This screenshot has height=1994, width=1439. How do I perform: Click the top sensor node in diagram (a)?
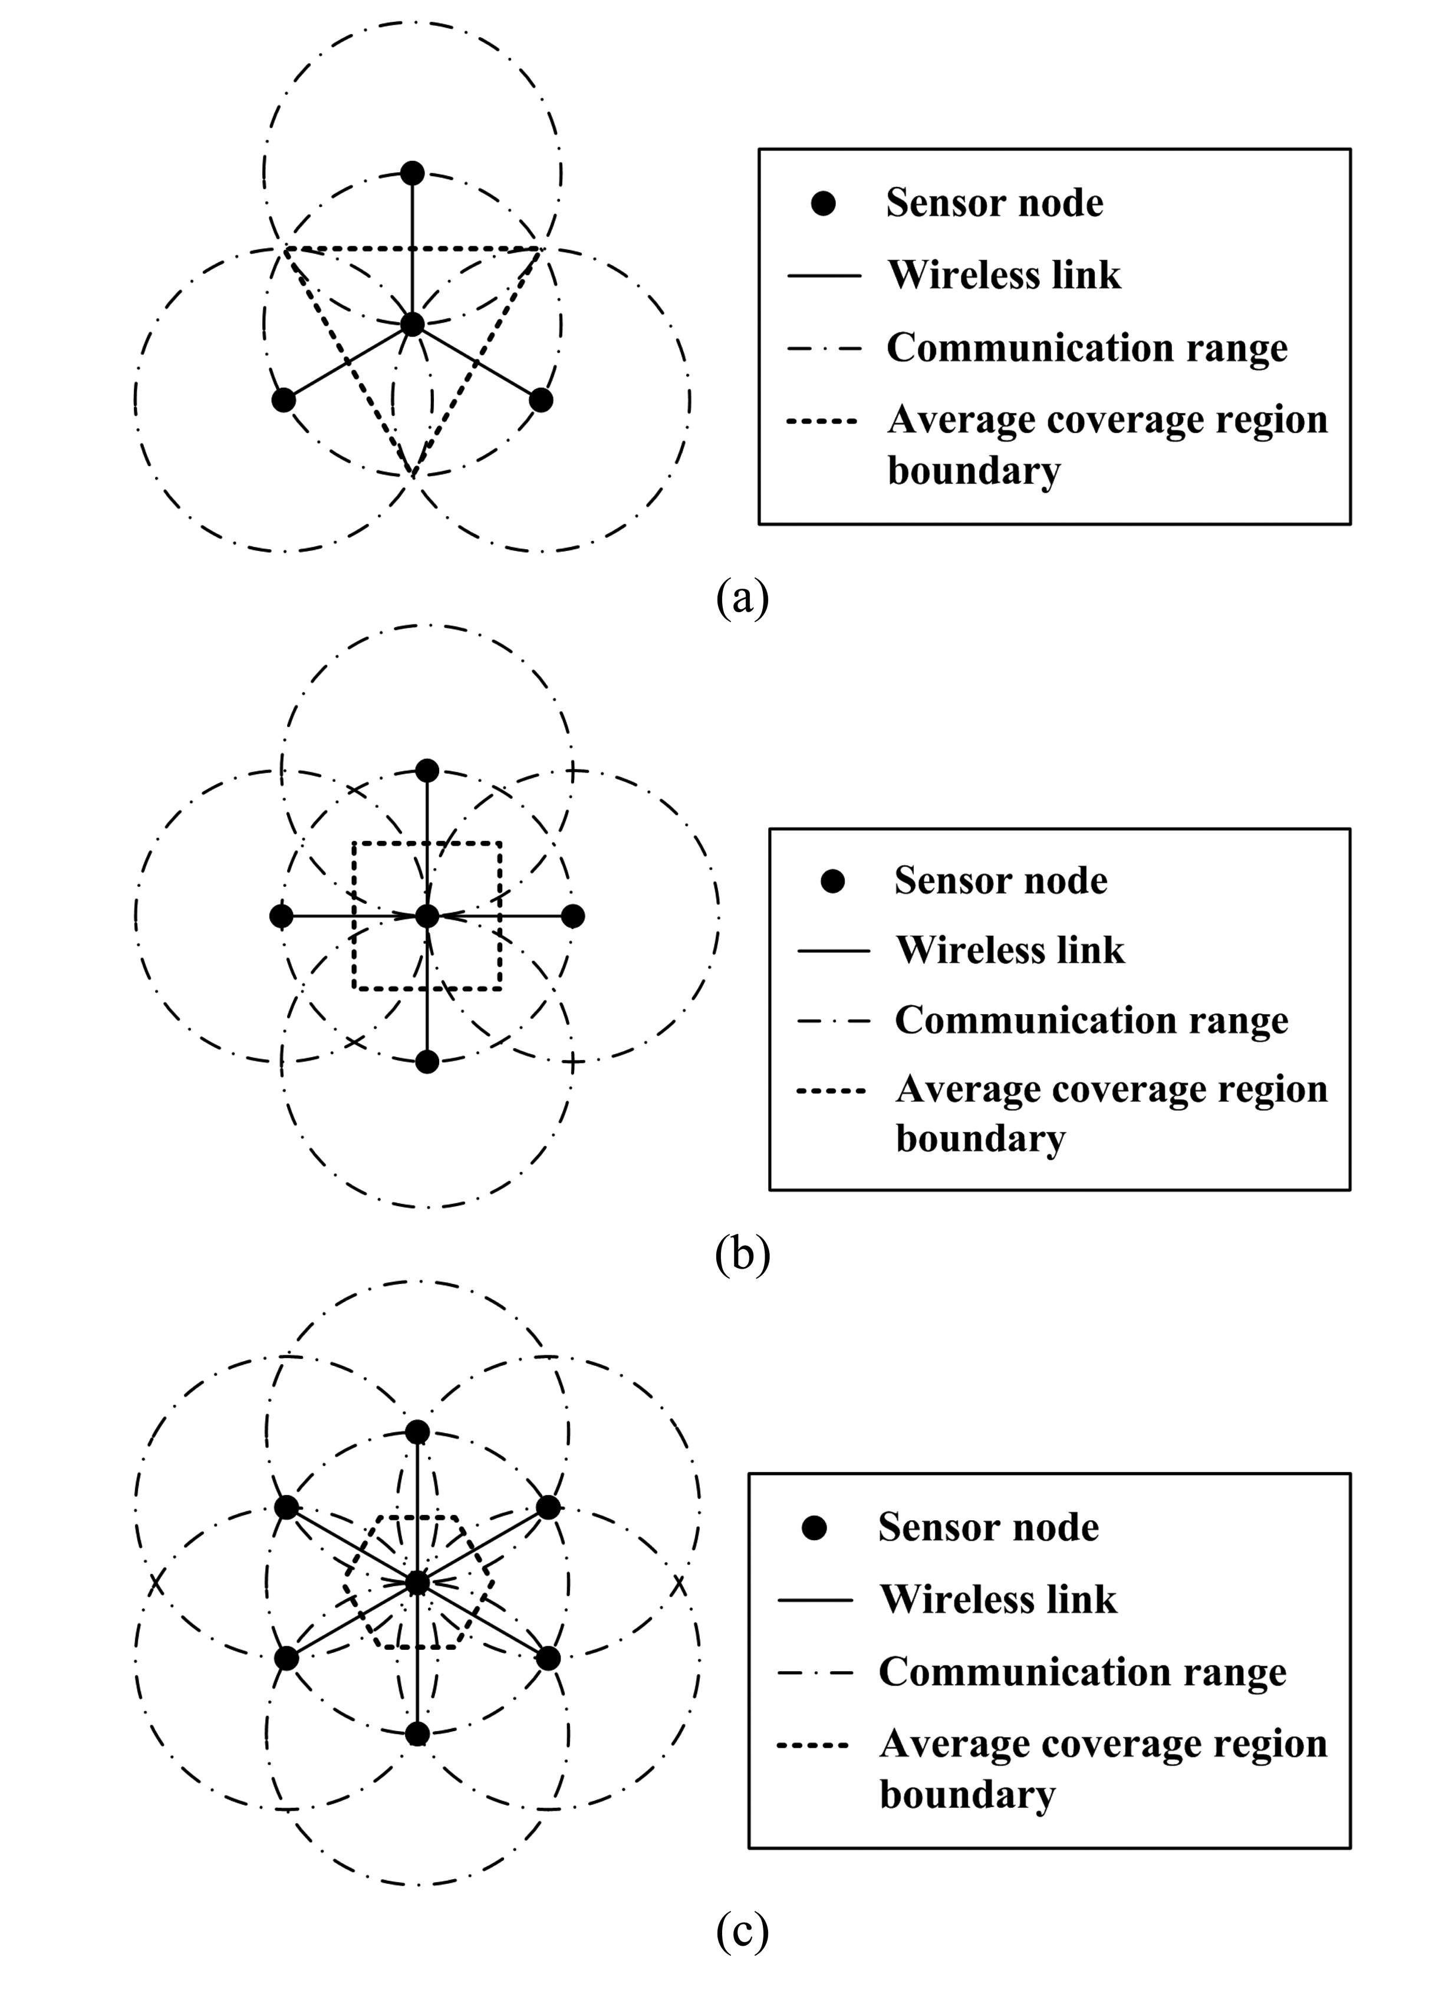click(x=411, y=173)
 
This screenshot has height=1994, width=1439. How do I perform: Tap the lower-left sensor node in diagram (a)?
click(x=283, y=400)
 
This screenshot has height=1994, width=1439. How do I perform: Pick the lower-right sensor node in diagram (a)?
click(x=541, y=400)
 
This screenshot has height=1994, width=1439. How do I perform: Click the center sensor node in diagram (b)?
click(x=427, y=916)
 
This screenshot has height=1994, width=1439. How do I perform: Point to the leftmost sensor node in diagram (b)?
click(x=281, y=916)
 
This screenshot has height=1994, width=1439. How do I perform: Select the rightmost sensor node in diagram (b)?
click(x=572, y=916)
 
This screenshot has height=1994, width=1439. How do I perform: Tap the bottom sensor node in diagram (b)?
click(x=427, y=1061)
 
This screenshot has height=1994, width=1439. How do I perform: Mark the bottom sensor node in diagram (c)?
click(x=418, y=1734)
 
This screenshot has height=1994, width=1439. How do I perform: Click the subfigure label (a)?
click(x=742, y=598)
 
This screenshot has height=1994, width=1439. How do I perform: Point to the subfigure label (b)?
click(x=742, y=1254)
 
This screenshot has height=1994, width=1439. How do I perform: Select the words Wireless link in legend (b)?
click(x=1010, y=950)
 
